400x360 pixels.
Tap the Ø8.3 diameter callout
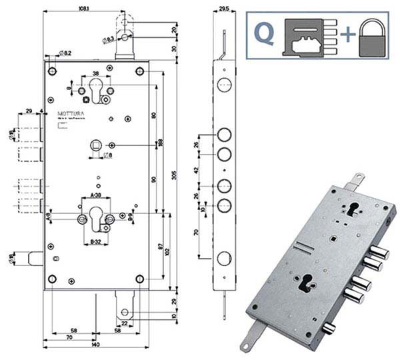pyautogui.click(x=109, y=39)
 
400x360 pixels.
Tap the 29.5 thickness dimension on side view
pyautogui.click(x=224, y=9)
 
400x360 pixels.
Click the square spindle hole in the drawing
pyautogui.click(x=97, y=145)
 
